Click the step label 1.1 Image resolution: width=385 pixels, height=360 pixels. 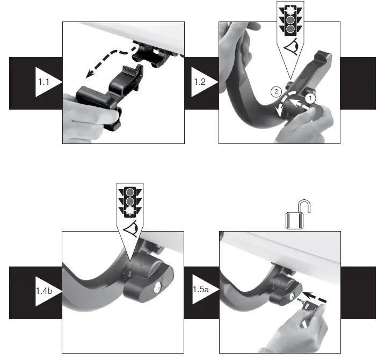[x=45, y=82]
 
